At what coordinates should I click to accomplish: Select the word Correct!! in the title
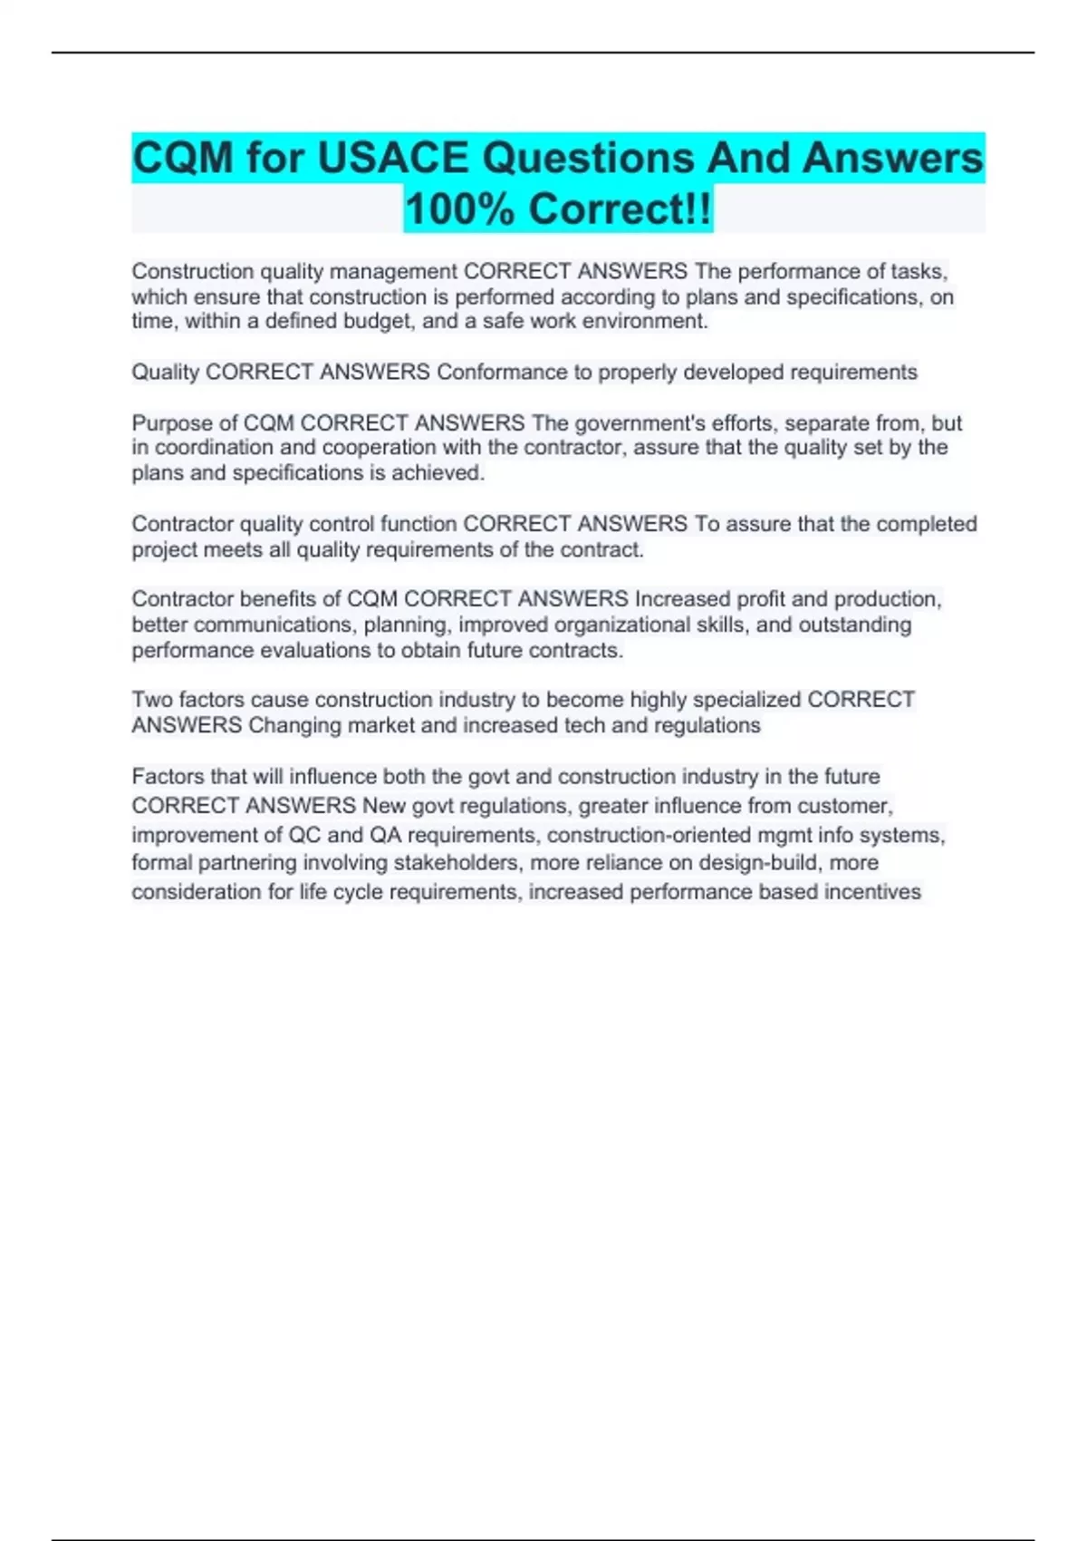point(620,208)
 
